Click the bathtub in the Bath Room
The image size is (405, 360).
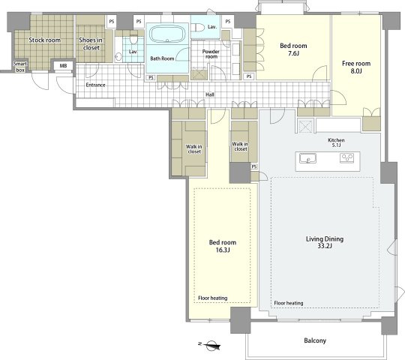pos(167,34)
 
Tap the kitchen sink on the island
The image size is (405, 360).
pos(308,158)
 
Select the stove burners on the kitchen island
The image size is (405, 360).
pos(347,157)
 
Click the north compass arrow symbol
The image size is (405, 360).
pos(210,345)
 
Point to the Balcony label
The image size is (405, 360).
pos(315,340)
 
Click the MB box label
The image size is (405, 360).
pos(63,66)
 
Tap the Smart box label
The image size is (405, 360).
pos(20,67)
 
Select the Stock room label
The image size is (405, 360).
pos(44,40)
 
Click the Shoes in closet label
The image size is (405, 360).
pos(91,43)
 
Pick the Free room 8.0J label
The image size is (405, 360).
pos(356,67)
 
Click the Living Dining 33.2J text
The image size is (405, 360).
pos(325,242)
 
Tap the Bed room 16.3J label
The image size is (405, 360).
pos(223,246)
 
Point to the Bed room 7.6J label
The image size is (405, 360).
pos(293,49)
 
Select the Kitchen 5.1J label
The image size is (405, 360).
pos(336,142)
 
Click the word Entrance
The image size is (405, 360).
pos(95,85)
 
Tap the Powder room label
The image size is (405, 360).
pos(211,54)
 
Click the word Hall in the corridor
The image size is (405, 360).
pos(210,94)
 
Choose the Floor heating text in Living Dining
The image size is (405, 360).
pos(289,303)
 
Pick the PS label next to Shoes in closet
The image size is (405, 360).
pos(112,22)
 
